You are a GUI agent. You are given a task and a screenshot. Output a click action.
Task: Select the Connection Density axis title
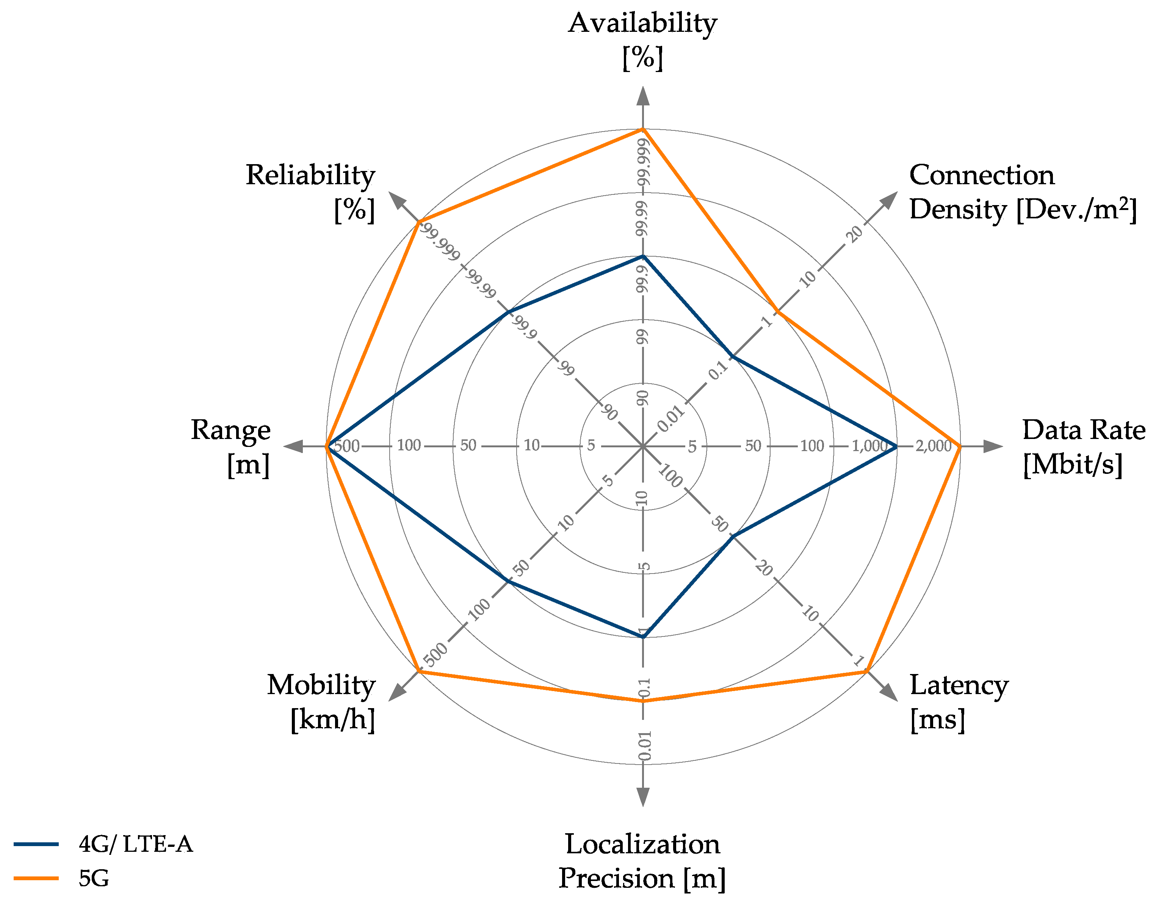coord(1022,192)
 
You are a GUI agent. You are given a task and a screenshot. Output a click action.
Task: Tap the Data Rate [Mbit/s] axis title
coord(1083,447)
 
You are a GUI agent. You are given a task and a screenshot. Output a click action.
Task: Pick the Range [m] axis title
coord(231,447)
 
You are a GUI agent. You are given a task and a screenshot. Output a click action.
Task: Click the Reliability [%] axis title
coord(311,192)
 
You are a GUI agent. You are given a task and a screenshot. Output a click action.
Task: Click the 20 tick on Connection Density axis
coord(855,234)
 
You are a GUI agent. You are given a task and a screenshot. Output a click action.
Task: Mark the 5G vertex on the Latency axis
coord(866,672)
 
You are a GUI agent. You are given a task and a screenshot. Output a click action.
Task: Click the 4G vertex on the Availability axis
coord(643,256)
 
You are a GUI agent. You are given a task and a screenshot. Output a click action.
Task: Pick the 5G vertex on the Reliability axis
coord(419,221)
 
